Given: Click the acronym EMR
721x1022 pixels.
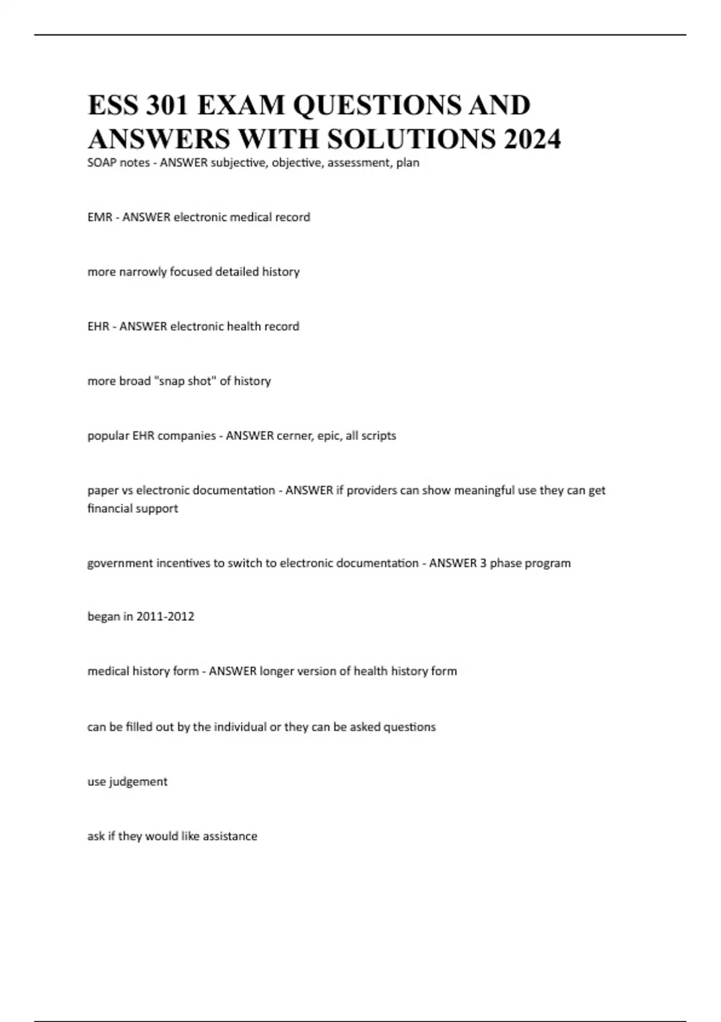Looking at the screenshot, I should tap(100, 217).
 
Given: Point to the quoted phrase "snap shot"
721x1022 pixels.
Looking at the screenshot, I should tap(186, 381).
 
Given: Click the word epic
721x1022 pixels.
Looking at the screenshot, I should tap(327, 436).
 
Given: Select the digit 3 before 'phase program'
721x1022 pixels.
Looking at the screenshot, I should tap(483, 563).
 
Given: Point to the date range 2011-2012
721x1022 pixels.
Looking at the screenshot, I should tap(165, 617).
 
